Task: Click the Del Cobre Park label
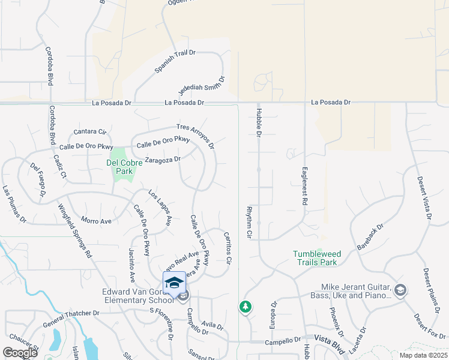point(119,166)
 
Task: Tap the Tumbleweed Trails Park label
point(315,258)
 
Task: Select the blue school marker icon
point(174,283)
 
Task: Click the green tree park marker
point(245,307)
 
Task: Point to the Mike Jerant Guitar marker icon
point(400,290)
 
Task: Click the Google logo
point(20,352)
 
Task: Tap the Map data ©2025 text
point(424,355)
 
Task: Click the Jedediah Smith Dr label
point(201,86)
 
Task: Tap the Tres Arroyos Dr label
point(195,136)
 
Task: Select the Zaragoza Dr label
point(163,160)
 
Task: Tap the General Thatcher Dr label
point(71,319)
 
